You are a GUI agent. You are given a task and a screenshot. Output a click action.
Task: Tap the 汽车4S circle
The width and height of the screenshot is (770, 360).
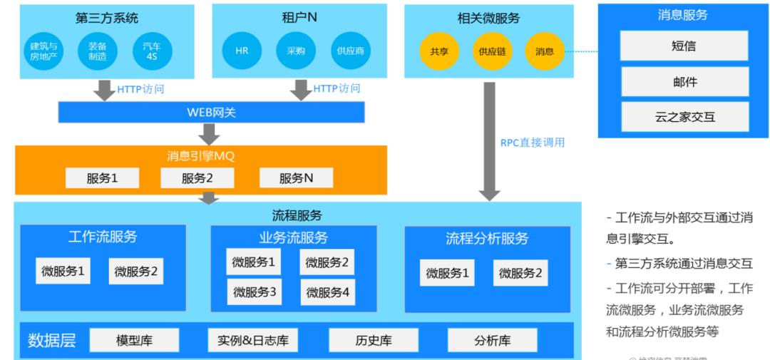152,51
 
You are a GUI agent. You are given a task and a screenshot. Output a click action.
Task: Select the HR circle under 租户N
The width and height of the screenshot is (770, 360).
242,51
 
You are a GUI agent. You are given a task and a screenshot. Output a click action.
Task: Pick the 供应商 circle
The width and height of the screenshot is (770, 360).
351,51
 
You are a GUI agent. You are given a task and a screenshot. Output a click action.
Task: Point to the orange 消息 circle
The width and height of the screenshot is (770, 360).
544,51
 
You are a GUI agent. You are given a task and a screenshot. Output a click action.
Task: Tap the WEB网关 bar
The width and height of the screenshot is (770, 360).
211,113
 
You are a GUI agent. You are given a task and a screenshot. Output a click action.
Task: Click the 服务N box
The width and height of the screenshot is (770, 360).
296,178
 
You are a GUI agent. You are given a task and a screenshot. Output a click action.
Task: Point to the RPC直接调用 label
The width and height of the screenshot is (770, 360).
533,143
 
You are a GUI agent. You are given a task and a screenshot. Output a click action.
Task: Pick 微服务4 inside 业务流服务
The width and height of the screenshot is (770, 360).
327,292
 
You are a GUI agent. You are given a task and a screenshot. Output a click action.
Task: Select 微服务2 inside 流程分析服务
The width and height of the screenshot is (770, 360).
520,273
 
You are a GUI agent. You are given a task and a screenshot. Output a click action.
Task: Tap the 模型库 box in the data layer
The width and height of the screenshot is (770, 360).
134,341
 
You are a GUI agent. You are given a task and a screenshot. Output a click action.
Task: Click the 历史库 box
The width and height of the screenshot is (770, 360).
374,341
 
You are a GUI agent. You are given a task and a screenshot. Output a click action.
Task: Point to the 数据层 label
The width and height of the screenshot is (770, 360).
51,341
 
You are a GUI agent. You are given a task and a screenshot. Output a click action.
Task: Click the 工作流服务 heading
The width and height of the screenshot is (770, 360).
103,237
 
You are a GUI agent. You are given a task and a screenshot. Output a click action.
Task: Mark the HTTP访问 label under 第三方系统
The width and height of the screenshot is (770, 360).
140,89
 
